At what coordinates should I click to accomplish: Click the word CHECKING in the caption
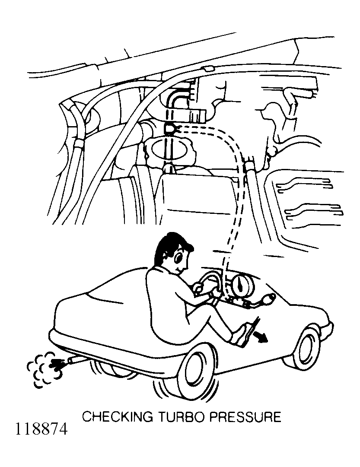pyautogui.click(x=118, y=417)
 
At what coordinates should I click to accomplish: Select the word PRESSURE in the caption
pyautogui.click(x=245, y=417)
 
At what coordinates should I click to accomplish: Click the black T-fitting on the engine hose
pyautogui.click(x=170, y=129)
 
